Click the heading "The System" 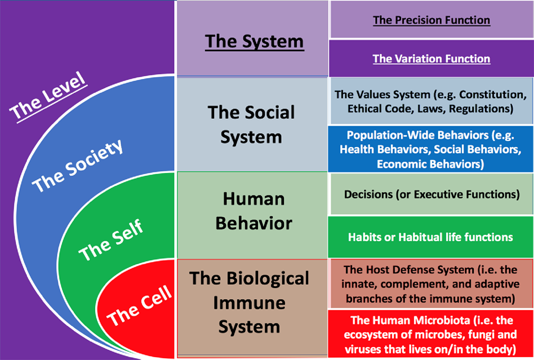pyautogui.click(x=254, y=41)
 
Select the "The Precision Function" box pyautogui.click(x=431, y=20)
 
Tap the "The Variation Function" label pyautogui.click(x=431, y=59)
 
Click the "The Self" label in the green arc pyautogui.click(x=111, y=241)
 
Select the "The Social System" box pyautogui.click(x=251, y=124)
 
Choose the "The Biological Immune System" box pyautogui.click(x=250, y=302)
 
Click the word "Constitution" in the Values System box pyautogui.click(x=496, y=95)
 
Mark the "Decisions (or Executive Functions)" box pyautogui.click(x=431, y=194)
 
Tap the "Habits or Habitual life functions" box pyautogui.click(x=431, y=237)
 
